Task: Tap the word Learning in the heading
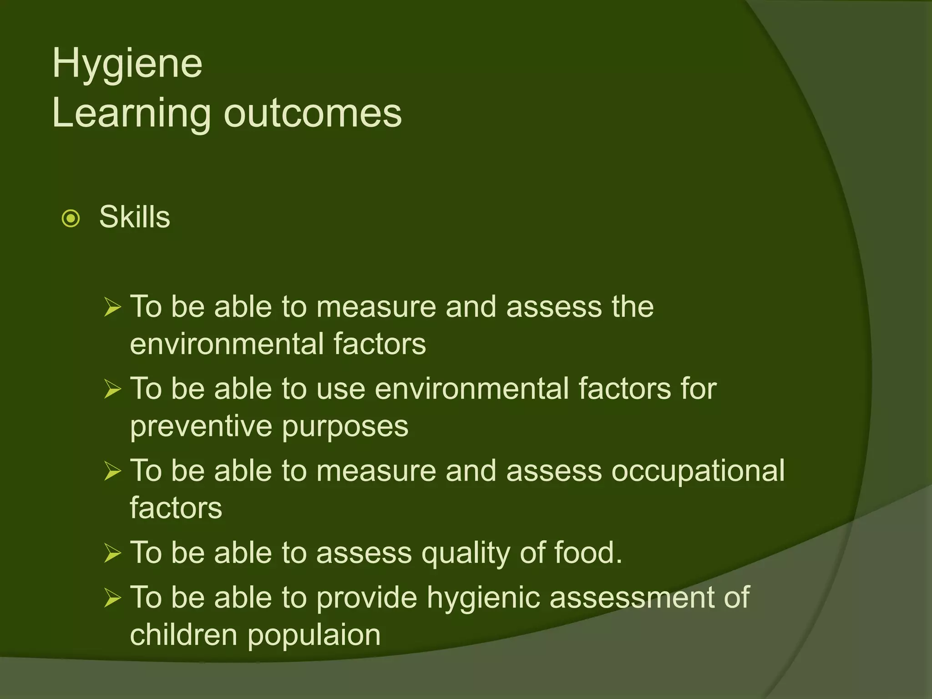pos(132,114)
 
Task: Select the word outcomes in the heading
pos(313,113)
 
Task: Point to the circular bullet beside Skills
pos(71,218)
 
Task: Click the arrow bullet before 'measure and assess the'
pos(112,307)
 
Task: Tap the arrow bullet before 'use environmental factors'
pos(112,389)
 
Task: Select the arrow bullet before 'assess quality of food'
pos(112,553)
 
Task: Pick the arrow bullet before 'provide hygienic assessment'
pos(112,598)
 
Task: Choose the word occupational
pos(698,471)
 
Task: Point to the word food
pos(588,552)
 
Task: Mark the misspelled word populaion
pos(314,635)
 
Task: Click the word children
pos(183,634)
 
